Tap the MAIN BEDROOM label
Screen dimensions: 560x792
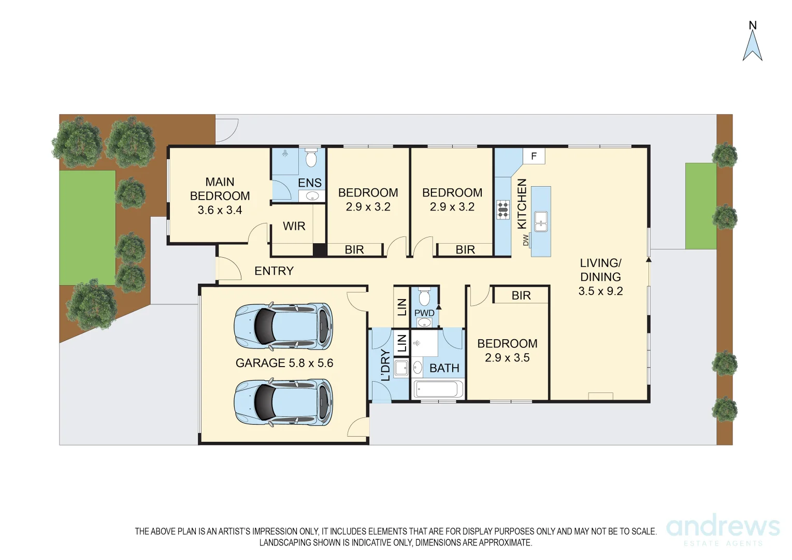pos(220,195)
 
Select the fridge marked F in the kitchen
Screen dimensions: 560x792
pos(534,156)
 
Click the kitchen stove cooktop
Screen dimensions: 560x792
pos(503,209)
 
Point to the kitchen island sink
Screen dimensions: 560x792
pos(541,221)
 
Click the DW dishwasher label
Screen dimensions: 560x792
pos(526,240)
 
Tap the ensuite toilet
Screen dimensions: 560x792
pos(311,158)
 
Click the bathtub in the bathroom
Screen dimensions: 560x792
pos(438,389)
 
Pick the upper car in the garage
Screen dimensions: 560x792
pos(283,326)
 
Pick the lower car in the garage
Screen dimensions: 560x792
pos(283,402)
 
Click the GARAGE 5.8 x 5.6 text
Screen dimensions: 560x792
pos(284,363)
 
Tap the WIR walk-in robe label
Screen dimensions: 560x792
pos(294,226)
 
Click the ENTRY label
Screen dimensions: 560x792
pos(273,271)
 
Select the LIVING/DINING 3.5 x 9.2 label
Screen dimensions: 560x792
pos(600,277)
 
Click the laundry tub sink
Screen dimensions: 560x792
pos(401,368)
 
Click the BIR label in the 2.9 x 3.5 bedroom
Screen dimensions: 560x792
pos(521,296)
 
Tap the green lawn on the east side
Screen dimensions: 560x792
pos(700,206)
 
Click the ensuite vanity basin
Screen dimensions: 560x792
pos(312,196)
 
